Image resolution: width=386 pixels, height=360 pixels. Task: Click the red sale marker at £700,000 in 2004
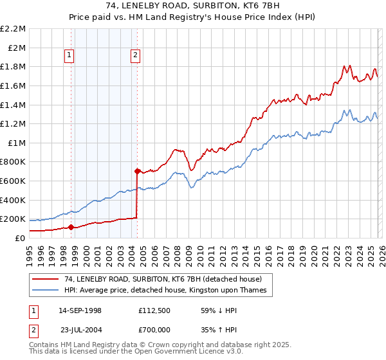pos(137,171)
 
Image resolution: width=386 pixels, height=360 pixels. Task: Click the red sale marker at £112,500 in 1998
pos(71,226)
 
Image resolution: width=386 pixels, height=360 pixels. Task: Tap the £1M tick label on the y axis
pos(17,143)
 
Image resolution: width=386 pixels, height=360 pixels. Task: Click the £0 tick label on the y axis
pos(19,238)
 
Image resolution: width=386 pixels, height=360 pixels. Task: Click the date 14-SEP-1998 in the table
pos(80,310)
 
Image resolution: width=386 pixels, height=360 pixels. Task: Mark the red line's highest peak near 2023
pos(348,65)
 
